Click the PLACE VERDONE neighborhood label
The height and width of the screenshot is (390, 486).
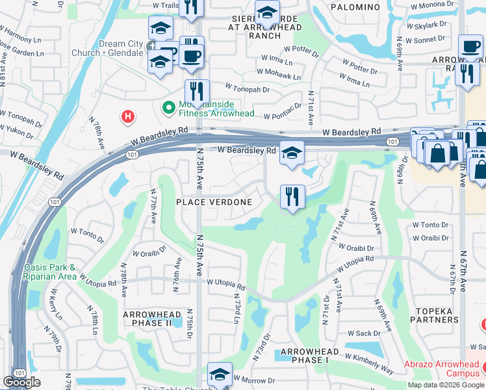[214, 202]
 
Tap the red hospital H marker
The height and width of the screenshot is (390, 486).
[129, 116]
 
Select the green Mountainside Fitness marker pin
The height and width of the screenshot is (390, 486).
[168, 107]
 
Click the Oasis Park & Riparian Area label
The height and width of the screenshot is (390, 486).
[50, 272]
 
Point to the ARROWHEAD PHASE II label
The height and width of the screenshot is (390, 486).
[147, 318]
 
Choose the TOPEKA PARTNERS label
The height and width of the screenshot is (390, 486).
[435, 315]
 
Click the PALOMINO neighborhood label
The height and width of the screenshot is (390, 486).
[355, 6]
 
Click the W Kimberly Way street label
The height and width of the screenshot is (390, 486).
[369, 363]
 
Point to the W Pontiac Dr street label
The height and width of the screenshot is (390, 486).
[283, 112]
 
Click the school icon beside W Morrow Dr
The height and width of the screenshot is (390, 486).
[220, 375]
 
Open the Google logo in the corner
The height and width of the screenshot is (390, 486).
[21, 382]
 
